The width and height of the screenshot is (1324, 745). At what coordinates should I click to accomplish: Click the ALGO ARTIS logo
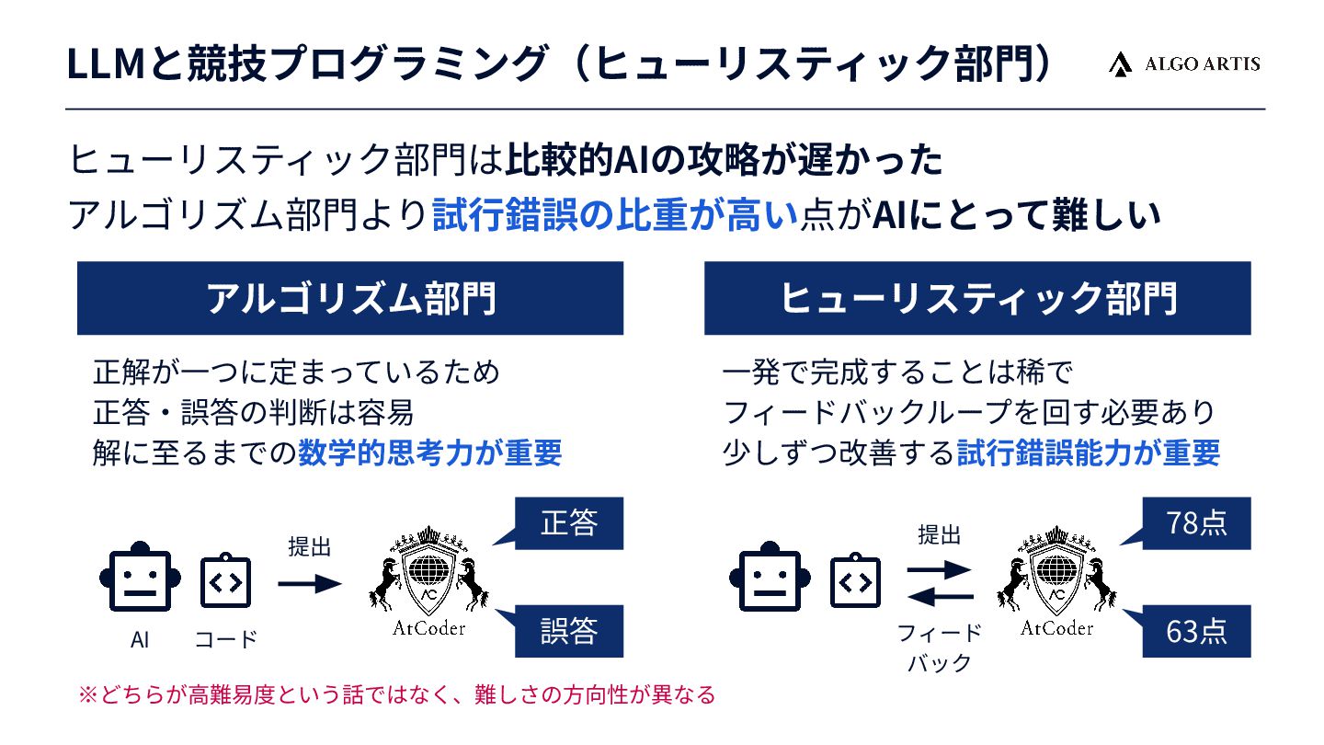(1184, 63)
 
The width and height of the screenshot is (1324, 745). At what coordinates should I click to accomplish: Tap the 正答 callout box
(569, 523)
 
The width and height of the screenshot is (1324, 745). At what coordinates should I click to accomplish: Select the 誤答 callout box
(569, 631)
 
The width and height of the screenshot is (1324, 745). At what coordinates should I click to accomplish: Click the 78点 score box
(1196, 523)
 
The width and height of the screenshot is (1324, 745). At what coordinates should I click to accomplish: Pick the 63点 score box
(1196, 631)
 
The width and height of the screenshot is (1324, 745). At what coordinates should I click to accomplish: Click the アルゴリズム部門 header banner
(350, 298)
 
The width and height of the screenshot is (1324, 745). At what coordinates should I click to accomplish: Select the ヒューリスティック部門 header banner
(977, 298)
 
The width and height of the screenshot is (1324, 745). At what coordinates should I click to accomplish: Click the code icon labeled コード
(226, 581)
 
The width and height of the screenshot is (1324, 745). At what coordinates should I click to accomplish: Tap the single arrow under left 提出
(310, 583)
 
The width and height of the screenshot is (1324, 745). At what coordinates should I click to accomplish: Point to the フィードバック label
(939, 648)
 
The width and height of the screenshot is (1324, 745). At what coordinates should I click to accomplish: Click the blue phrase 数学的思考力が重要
(429, 453)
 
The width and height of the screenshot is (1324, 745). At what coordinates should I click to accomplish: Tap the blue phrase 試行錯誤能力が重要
(1089, 453)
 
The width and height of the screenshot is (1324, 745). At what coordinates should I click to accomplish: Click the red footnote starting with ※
(396, 694)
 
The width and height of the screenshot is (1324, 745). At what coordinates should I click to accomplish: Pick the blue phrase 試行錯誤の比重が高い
(613, 216)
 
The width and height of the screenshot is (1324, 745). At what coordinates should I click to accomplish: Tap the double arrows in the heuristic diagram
(939, 584)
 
